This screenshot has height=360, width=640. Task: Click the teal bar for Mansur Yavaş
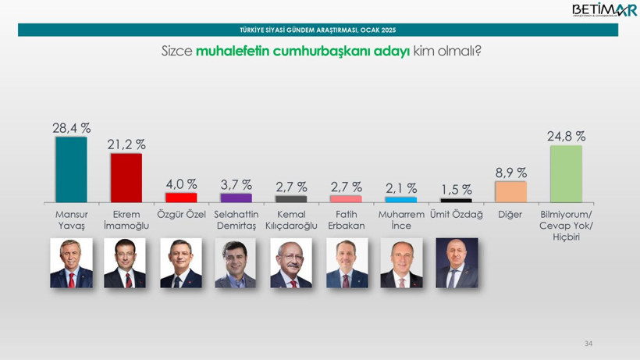tap(71, 169)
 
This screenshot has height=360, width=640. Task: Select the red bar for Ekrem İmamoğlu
tap(126, 178)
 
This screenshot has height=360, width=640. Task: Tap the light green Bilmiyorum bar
tap(566, 174)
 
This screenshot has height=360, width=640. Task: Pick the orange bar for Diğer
tap(510, 192)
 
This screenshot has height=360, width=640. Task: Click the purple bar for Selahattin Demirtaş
tap(236, 198)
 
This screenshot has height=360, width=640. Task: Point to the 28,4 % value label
tap(72, 128)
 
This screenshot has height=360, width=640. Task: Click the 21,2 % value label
tap(126, 144)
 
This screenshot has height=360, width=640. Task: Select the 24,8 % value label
tap(566, 136)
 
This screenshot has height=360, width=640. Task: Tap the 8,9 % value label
tap(511, 173)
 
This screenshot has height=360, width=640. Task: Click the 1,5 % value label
tap(456, 190)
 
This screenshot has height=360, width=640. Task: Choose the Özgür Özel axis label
tap(181, 215)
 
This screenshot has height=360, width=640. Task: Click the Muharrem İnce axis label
tap(401, 220)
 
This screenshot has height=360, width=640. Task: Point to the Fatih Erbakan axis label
tap(346, 220)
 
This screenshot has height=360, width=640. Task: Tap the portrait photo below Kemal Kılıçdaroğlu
tap(291, 263)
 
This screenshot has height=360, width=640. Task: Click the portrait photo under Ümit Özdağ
tap(457, 263)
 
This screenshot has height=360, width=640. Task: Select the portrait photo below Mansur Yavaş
tap(71, 263)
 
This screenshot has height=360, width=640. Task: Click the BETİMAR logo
tap(603, 10)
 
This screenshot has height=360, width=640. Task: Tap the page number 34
tap(588, 344)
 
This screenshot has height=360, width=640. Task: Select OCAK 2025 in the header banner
tap(378, 30)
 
